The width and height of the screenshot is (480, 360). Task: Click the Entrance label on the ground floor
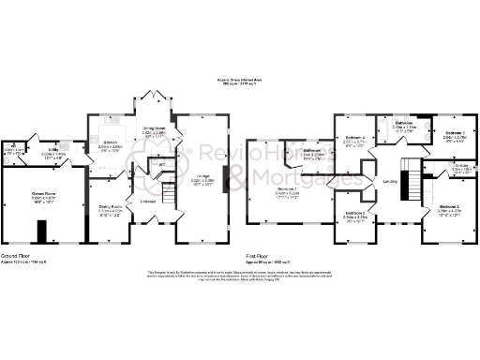(148, 200)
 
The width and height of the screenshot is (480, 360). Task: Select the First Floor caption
(260, 255)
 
